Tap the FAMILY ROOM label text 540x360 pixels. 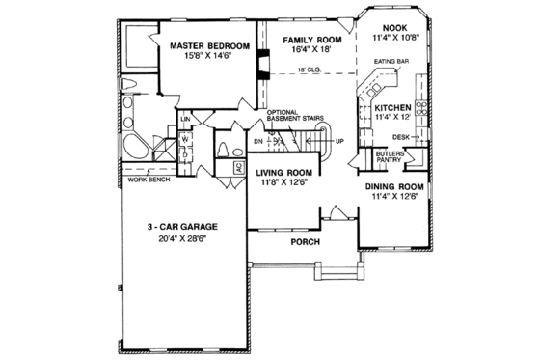[301, 41]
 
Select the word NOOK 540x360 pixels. [395, 28]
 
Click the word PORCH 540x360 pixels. [306, 242]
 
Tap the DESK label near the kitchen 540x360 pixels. [399, 137]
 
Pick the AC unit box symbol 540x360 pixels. [238, 167]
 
